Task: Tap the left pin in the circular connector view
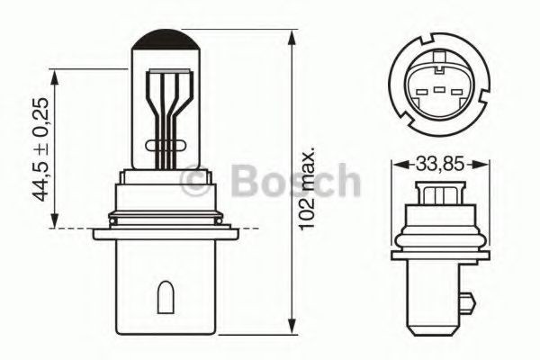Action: [420, 89]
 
